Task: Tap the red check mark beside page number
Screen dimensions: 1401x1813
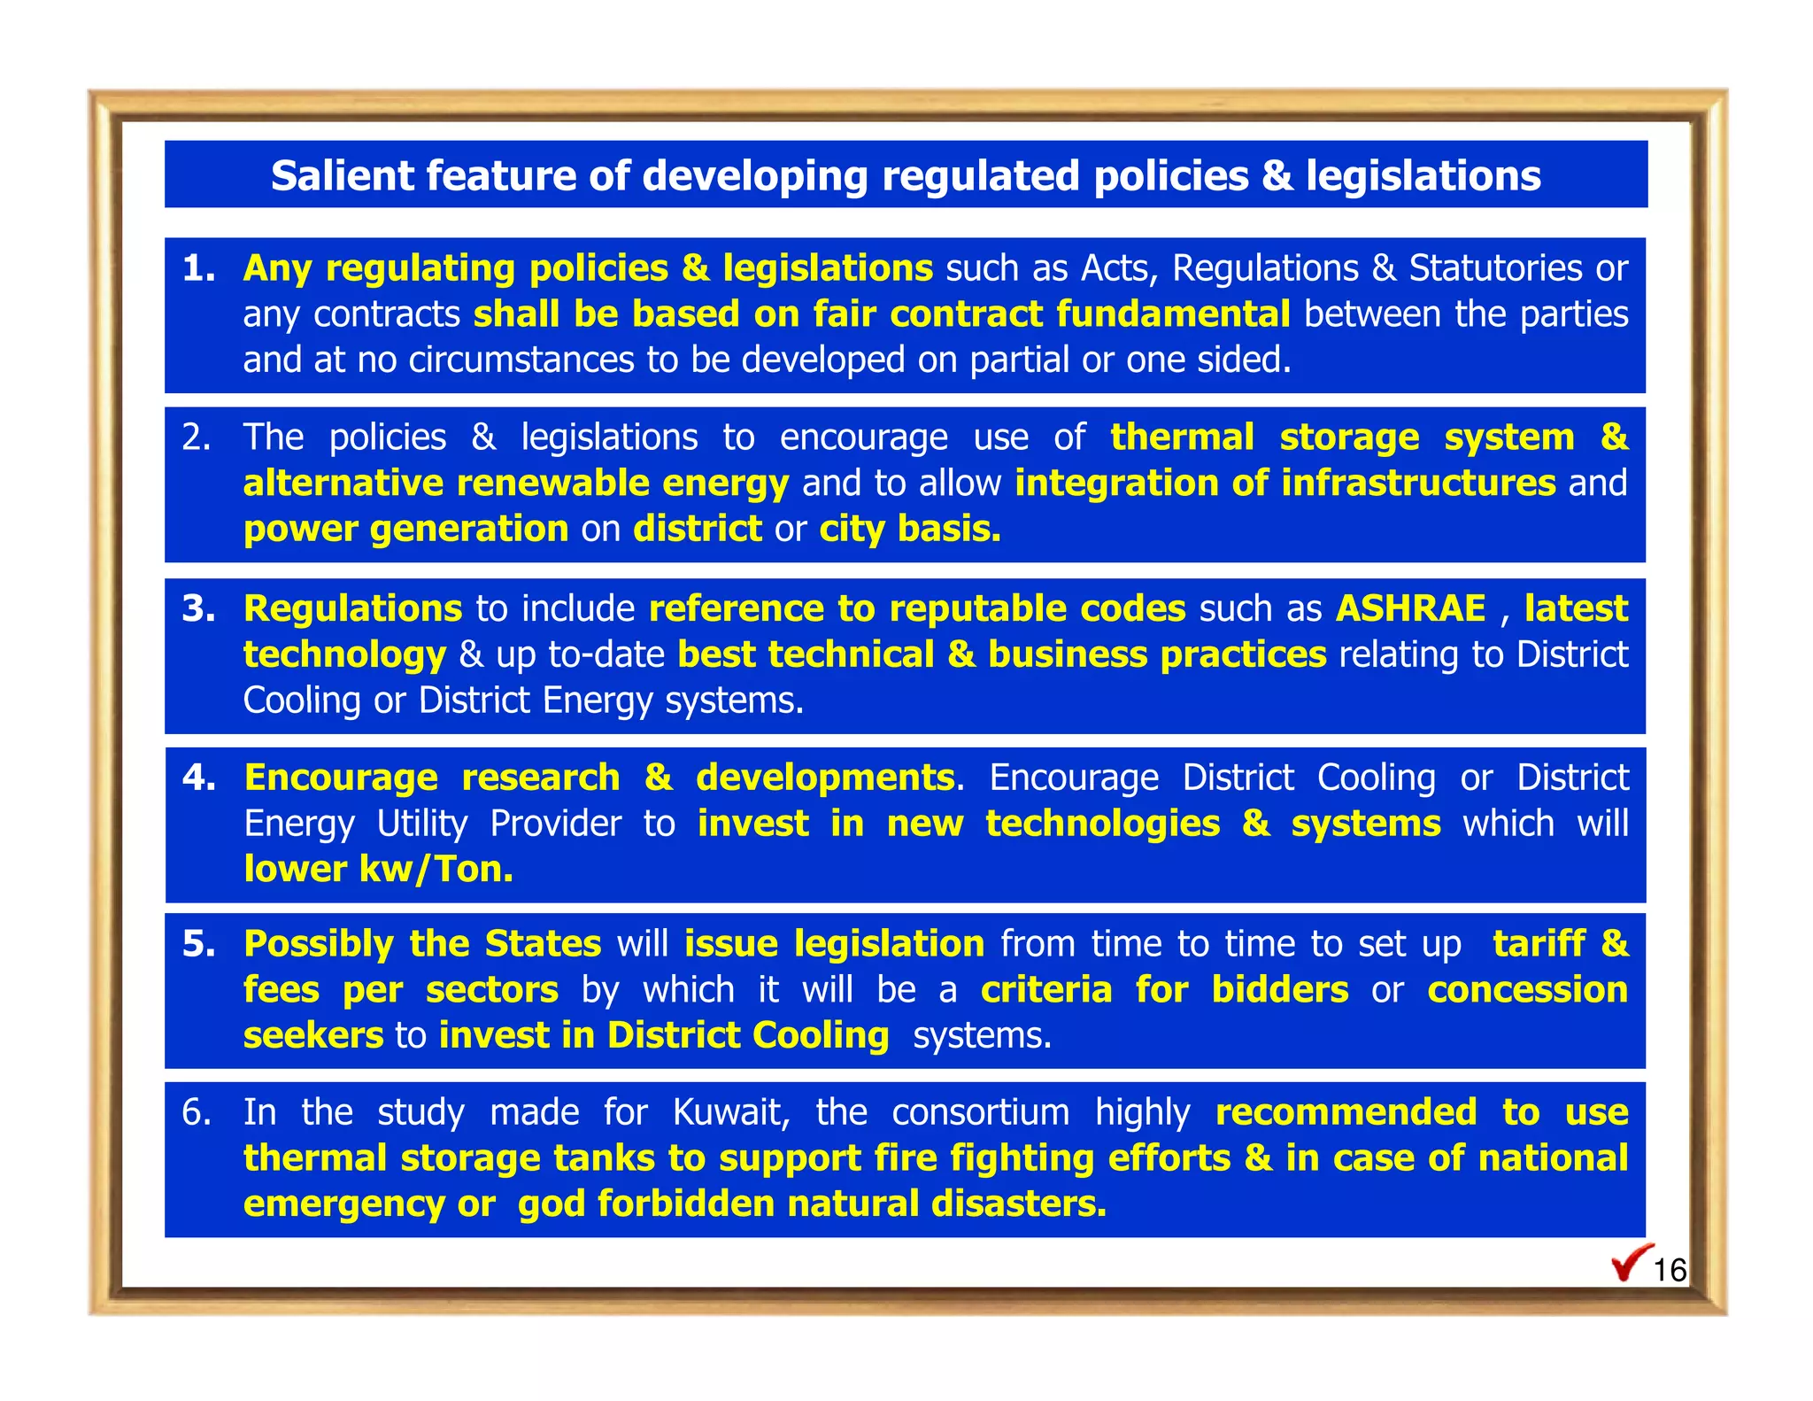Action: [x=1631, y=1263]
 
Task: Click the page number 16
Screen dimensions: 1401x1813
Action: [x=1670, y=1271]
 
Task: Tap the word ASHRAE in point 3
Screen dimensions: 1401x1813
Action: [x=1410, y=608]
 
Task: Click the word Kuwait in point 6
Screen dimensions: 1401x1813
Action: [x=731, y=1112]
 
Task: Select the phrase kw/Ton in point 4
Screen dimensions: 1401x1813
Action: [x=436, y=870]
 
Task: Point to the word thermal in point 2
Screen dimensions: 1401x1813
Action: [x=1182, y=437]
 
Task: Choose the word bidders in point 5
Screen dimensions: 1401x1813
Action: [x=1279, y=990]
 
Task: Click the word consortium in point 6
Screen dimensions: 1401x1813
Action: [x=980, y=1112]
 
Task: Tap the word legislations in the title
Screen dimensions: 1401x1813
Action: [x=1423, y=175]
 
